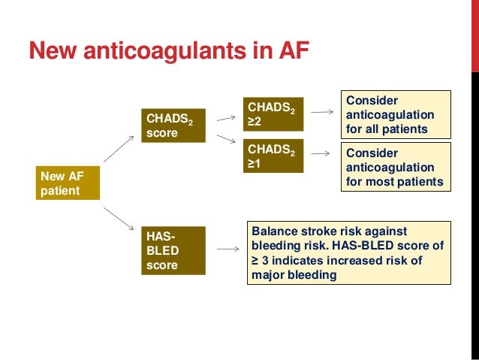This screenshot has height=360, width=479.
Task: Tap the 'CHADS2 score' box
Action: pyautogui.click(x=173, y=126)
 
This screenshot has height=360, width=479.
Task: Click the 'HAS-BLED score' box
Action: pyautogui.click(x=173, y=250)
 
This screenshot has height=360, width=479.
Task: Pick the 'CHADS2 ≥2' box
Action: pyautogui.click(x=273, y=115)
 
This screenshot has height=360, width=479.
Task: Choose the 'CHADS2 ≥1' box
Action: pyautogui.click(x=273, y=156)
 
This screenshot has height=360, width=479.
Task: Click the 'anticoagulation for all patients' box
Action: pyautogui.click(x=396, y=114)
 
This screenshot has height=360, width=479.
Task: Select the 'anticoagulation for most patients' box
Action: pyautogui.click(x=396, y=167)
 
